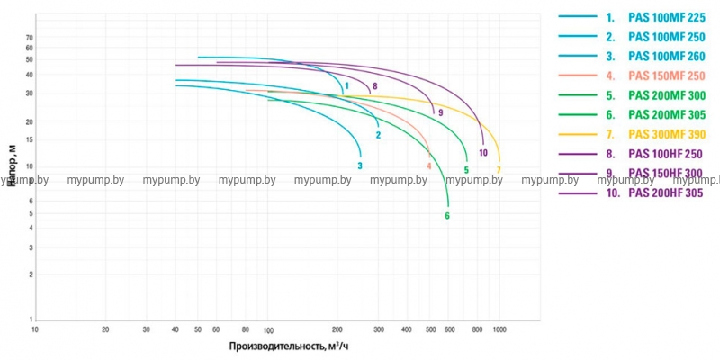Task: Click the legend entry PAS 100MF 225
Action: pyautogui.click(x=666, y=17)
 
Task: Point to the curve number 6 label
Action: pyautogui.click(x=447, y=215)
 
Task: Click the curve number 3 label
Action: pyautogui.click(x=360, y=166)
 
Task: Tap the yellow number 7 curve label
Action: pyautogui.click(x=499, y=169)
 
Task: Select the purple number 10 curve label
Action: pyautogui.click(x=483, y=153)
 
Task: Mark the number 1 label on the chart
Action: pyautogui.click(x=346, y=86)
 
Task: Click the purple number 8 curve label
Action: pyautogui.click(x=374, y=86)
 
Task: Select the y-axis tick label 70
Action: pyautogui.click(x=29, y=38)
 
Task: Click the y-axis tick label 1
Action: pyautogui.click(x=31, y=319)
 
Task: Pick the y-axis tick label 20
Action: pyautogui.click(x=29, y=121)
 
